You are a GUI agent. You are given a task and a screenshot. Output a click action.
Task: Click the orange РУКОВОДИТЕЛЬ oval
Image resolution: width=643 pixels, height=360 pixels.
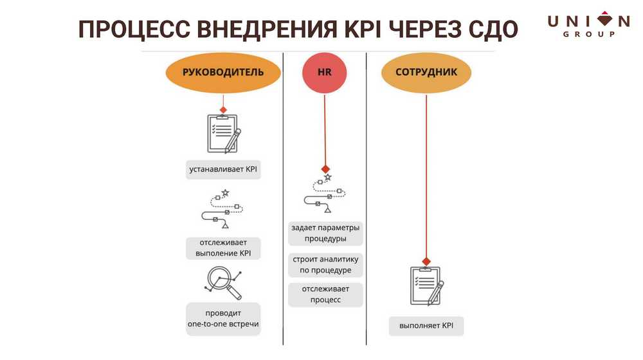click(x=223, y=72)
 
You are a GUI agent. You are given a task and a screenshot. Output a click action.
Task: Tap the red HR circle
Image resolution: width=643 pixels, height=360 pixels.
click(x=325, y=72)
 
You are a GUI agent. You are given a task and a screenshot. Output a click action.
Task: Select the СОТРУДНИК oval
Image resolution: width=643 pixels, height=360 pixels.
click(x=426, y=72)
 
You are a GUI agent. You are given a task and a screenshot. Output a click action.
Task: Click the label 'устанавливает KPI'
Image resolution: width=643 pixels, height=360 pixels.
click(x=223, y=170)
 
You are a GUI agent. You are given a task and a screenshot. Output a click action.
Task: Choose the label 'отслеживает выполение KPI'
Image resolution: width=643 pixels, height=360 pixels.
click(x=223, y=248)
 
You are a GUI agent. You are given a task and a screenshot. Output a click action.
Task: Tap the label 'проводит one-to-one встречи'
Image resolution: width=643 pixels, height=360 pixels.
click(x=223, y=319)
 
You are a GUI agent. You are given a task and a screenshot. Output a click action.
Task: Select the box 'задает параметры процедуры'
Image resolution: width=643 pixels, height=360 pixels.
click(x=325, y=233)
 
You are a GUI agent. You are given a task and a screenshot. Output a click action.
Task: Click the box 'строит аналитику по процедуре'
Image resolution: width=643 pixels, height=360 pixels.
click(x=325, y=265)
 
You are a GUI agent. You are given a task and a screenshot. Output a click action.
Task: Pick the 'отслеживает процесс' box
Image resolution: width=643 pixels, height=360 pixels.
click(x=325, y=294)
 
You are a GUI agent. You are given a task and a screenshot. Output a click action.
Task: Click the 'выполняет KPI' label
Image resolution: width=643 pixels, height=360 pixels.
click(x=426, y=326)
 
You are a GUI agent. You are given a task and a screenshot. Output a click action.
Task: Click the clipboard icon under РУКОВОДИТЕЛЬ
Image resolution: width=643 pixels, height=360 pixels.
click(x=222, y=133)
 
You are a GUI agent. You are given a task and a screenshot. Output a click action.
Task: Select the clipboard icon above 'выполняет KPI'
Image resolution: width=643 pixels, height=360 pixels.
click(x=426, y=285)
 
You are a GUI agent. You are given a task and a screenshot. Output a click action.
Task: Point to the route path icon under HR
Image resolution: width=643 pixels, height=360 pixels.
click(x=325, y=194)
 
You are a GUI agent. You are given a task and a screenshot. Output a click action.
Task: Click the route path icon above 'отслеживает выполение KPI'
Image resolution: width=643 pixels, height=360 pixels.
click(x=223, y=210)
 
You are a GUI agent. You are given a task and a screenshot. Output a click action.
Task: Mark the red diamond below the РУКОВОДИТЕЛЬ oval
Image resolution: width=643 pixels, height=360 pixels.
click(x=223, y=109)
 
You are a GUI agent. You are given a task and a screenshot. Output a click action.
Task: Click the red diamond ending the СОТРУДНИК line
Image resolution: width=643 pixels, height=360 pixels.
click(x=426, y=260)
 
